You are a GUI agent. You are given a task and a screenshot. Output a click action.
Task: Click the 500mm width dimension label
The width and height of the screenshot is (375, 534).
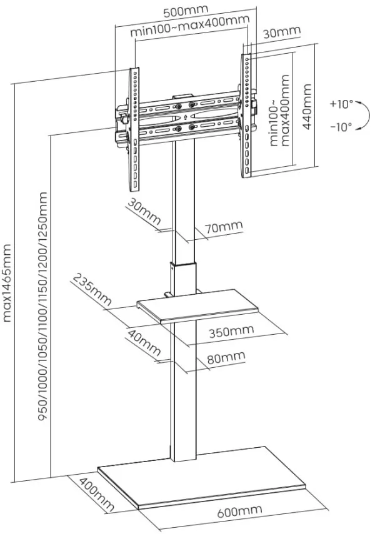tap(186, 12)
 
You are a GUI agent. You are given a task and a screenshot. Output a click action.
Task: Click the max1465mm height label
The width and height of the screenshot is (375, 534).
tap(7, 282)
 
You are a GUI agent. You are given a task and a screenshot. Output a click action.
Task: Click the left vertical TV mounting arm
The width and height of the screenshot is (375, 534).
tap(133, 131)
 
